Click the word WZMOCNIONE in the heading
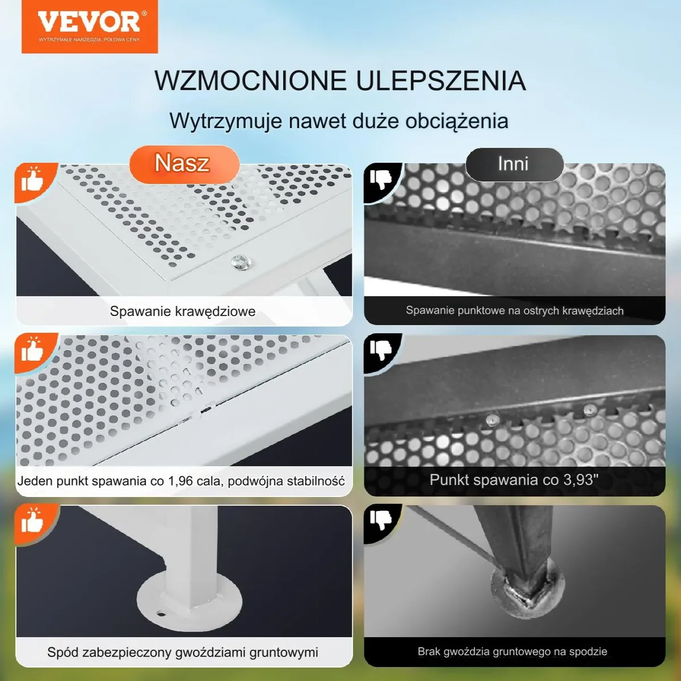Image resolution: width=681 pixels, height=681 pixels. click(x=250, y=80)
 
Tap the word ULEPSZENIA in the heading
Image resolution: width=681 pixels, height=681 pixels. click(x=441, y=80)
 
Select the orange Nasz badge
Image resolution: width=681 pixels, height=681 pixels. click(x=184, y=164)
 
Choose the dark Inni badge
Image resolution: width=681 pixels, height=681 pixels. click(x=514, y=164)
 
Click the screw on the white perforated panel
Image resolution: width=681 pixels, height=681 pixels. click(x=241, y=262)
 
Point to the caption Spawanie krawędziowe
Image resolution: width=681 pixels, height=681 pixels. click(x=183, y=311)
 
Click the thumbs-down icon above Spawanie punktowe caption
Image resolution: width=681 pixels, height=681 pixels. click(x=381, y=179)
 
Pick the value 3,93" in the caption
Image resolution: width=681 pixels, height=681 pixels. click(x=580, y=479)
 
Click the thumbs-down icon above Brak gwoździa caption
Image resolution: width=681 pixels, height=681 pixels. click(x=381, y=520)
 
